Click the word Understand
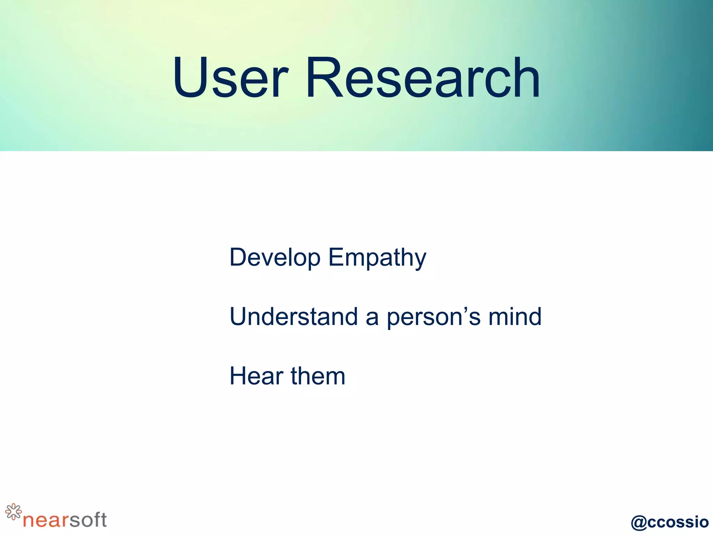click(293, 317)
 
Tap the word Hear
click(256, 376)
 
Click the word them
click(318, 376)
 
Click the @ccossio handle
click(669, 522)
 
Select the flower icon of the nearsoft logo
click(13, 512)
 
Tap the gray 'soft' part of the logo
click(88, 519)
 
